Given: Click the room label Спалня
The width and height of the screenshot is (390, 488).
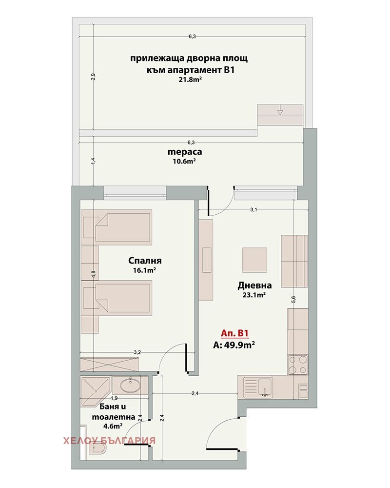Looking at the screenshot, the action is (145, 261).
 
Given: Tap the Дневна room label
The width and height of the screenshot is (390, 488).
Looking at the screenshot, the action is (254, 285).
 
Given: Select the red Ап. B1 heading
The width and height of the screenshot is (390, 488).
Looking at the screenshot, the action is (235, 333).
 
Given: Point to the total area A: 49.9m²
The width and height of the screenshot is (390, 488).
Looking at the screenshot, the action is (234, 345).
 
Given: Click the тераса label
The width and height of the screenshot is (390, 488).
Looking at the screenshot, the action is (185, 152).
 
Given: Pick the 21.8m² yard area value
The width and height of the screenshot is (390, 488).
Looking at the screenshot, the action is (190, 80).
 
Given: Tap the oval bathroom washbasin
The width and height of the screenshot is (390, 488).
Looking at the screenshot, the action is (130, 386).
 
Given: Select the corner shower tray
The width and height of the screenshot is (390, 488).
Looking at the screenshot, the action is (95, 391).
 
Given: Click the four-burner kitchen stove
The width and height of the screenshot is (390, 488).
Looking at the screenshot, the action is (298, 365).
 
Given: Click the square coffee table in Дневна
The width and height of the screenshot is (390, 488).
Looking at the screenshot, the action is (254, 260).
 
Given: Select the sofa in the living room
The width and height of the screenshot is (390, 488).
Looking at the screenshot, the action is (294, 261).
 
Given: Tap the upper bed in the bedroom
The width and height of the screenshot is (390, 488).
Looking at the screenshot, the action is (117, 227).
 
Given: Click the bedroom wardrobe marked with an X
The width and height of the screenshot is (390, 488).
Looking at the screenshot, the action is (109, 365).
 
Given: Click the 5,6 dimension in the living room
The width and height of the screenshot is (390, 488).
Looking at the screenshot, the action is (293, 300).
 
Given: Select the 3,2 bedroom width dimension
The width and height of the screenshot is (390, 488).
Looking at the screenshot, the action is (137, 352).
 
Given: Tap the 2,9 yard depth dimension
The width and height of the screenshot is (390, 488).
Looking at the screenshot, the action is (93, 77).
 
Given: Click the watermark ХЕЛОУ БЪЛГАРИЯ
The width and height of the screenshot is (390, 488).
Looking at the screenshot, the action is (110, 441).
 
